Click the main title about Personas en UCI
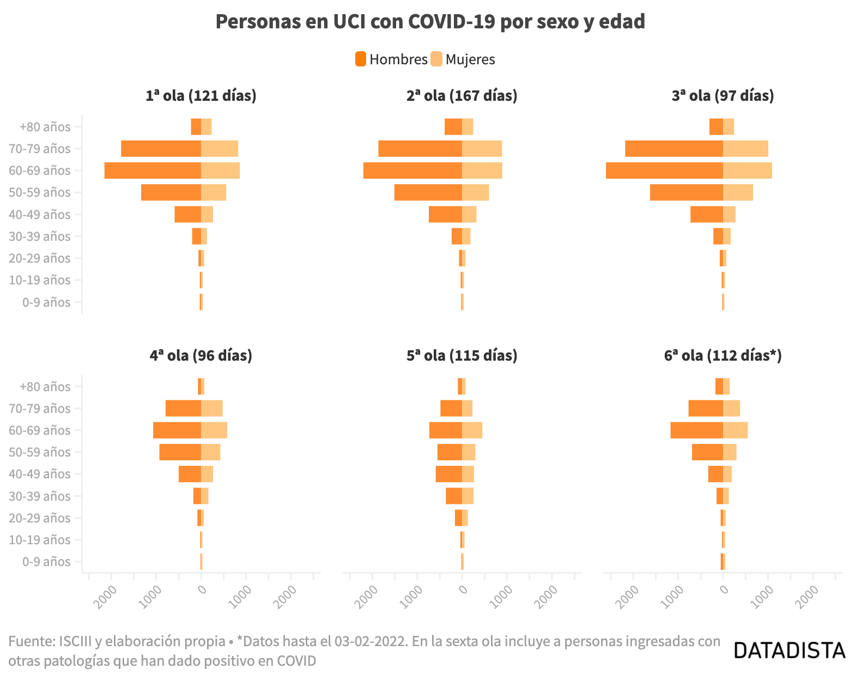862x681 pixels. tap(430, 22)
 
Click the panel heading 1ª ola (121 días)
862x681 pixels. tap(201, 96)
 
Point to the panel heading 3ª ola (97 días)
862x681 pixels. tap(723, 96)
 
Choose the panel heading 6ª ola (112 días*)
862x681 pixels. tap(723, 356)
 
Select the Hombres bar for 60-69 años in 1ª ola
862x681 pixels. tap(153, 171)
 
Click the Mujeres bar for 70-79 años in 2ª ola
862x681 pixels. tap(482, 149)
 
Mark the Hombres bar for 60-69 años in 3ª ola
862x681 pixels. tap(664, 171)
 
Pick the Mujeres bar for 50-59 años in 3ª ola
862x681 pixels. tap(738, 192)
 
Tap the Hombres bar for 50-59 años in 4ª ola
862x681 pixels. tap(180, 452)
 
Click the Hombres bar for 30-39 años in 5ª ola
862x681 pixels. tap(454, 496)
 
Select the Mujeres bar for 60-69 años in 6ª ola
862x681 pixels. tap(735, 430)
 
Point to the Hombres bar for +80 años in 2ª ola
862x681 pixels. tap(453, 127)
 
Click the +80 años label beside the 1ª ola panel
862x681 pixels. tap(45, 127)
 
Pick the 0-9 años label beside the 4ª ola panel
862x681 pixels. tap(46, 562)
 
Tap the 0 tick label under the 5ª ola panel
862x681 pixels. tap(463, 589)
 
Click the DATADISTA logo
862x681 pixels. tap(790, 650)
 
